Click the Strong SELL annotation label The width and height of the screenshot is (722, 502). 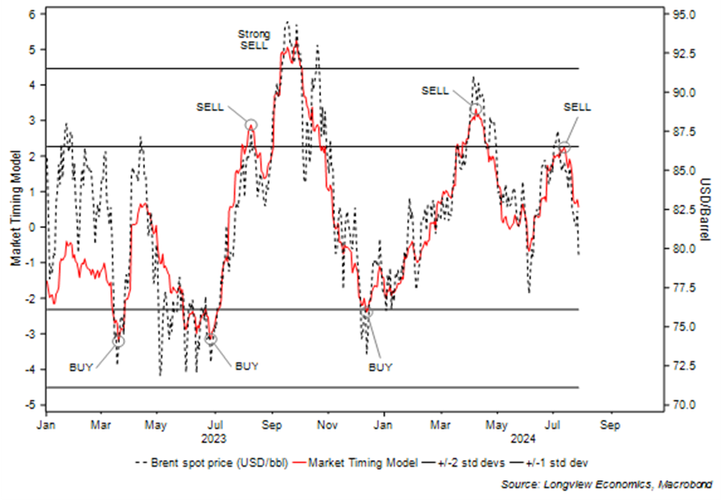pyautogui.click(x=255, y=39)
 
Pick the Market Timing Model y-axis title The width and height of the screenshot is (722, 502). pyautogui.click(x=15, y=208)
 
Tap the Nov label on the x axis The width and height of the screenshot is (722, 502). pyautogui.click(x=327, y=424)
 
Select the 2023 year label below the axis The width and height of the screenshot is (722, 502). pyautogui.click(x=215, y=438)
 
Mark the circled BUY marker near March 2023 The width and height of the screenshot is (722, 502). pyautogui.click(x=118, y=342)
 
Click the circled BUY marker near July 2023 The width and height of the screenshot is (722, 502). pyautogui.click(x=211, y=340)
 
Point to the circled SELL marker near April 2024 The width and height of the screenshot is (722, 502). pyautogui.click(x=476, y=109)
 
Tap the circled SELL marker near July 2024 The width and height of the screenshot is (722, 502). pyautogui.click(x=564, y=147)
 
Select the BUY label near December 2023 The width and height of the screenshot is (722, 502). pyautogui.click(x=380, y=367)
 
